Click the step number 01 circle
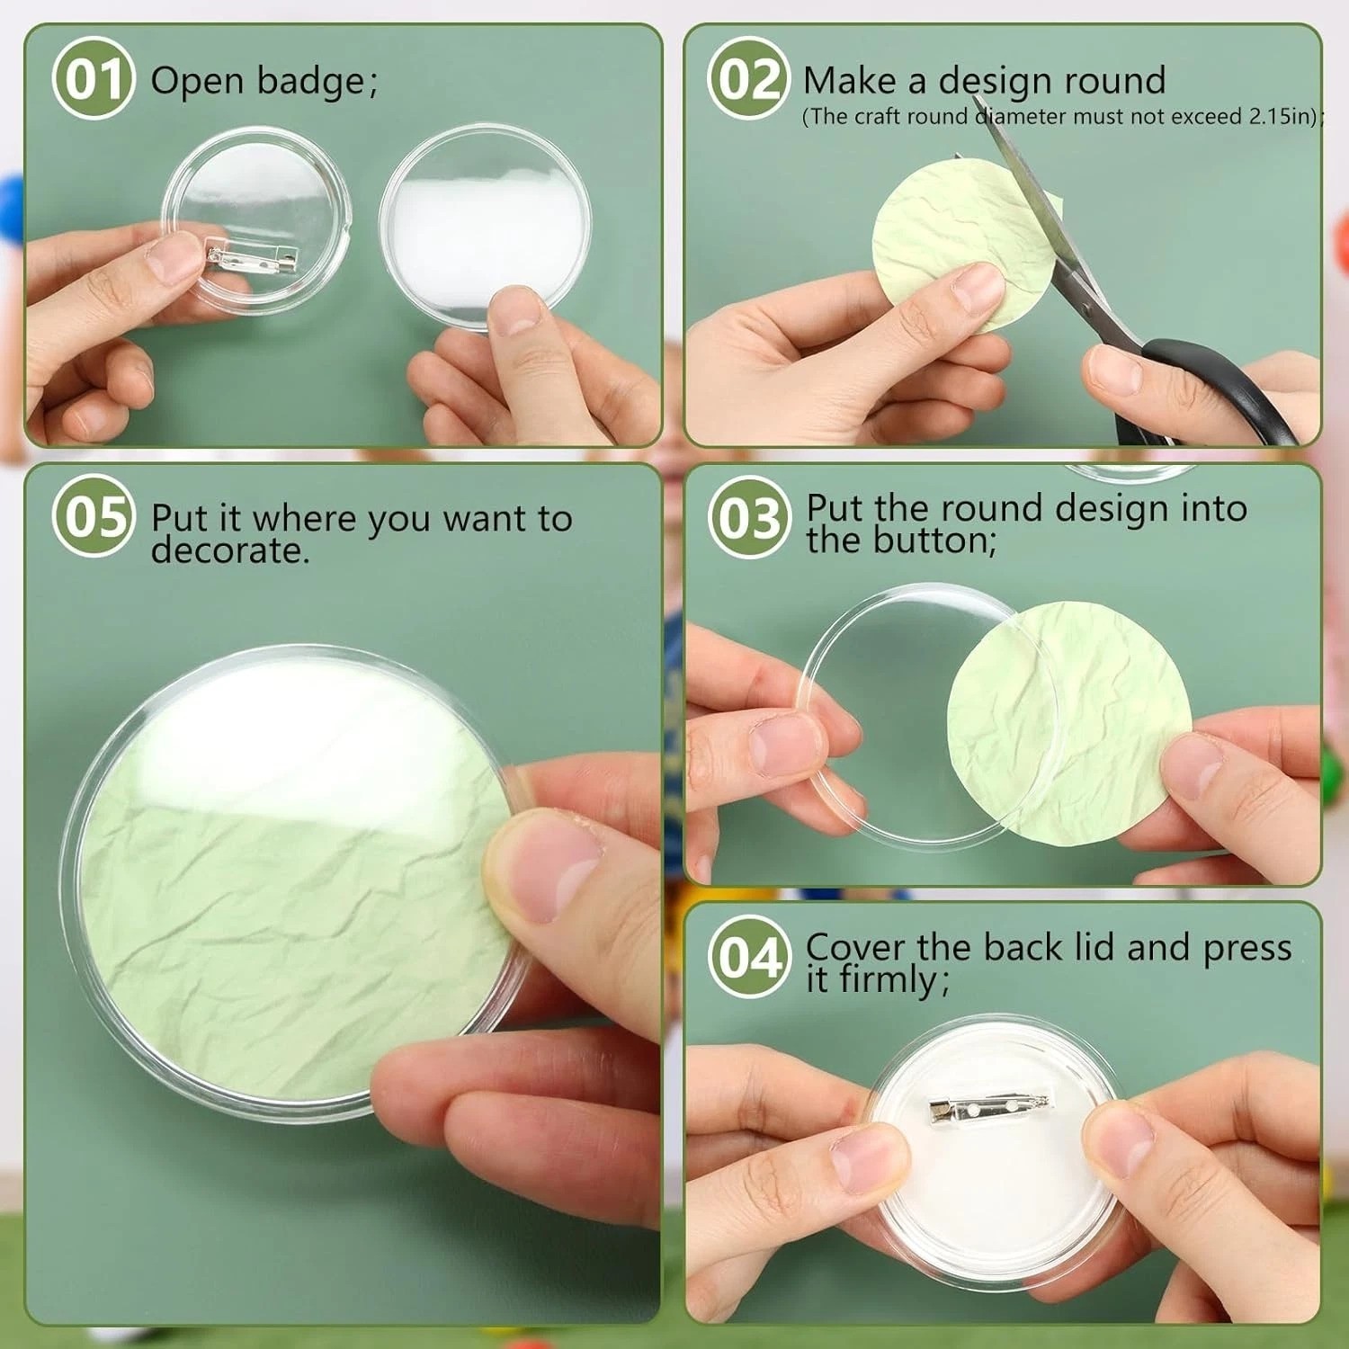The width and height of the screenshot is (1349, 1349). [x=94, y=79]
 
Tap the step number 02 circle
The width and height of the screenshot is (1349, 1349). [x=748, y=79]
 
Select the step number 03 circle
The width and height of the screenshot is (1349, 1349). [x=748, y=517]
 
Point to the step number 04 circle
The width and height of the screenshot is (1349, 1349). [x=748, y=956]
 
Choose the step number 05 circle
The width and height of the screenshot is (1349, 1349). [x=94, y=517]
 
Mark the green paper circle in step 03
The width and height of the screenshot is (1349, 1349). [x=1070, y=724]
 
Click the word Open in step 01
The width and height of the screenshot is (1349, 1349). [x=197, y=82]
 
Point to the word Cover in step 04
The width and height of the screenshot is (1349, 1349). [x=856, y=947]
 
